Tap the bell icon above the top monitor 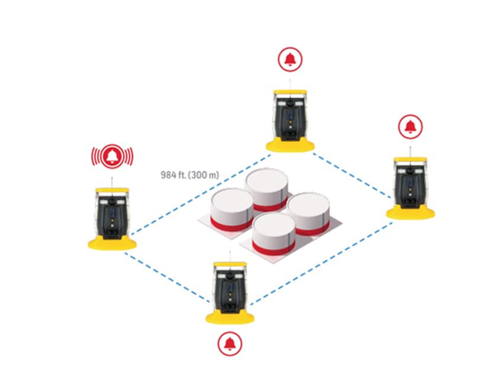(290, 59)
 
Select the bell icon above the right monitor (410, 126)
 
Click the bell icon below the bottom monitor (230, 343)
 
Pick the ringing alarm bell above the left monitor (112, 156)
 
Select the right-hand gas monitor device (410, 187)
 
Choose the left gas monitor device (112, 217)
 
